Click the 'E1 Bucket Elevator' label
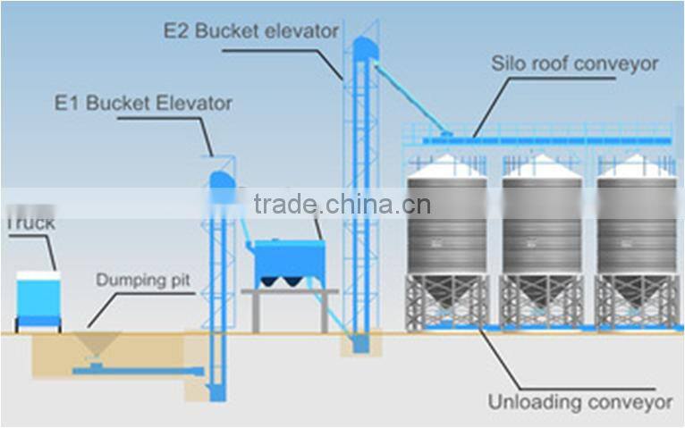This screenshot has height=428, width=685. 142,103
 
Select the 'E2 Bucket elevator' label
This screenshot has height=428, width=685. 250,31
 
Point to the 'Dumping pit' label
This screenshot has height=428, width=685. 143,281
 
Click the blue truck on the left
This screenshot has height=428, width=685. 38,300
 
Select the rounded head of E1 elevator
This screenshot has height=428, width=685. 220,181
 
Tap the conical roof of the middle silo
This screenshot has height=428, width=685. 541,167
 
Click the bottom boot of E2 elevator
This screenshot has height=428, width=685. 359,342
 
